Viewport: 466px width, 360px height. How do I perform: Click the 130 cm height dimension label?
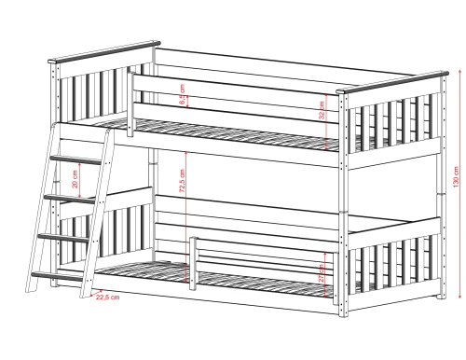456,177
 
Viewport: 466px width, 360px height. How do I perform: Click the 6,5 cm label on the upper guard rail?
183,93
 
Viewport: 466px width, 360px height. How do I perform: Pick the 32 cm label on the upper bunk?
322,109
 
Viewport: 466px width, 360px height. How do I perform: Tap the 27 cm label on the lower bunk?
322,272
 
